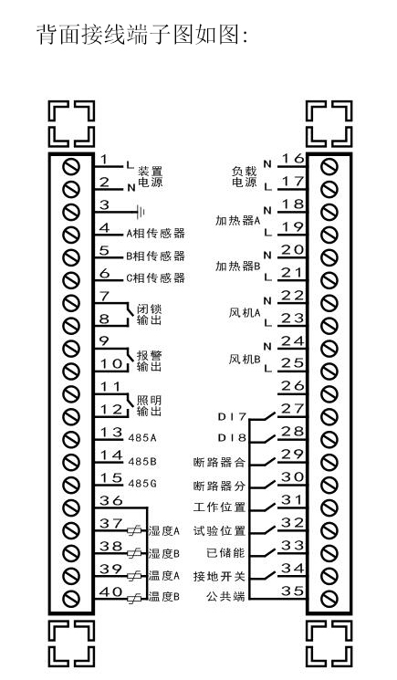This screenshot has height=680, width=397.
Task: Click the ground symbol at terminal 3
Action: (141, 212)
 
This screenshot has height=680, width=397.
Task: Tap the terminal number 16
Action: (293, 158)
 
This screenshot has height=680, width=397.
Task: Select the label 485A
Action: (142, 438)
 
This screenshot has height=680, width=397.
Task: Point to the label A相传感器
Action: (155, 234)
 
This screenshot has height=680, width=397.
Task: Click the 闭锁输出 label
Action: (149, 315)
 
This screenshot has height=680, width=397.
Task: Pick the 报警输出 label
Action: (149, 361)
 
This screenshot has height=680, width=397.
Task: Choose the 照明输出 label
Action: (149, 405)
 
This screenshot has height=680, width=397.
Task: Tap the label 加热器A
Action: (237, 221)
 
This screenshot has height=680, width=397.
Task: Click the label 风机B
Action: (244, 359)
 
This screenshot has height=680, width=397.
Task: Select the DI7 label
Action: (232, 417)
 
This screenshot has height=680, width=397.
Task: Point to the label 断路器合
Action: (219, 462)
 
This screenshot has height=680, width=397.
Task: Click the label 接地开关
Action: (219, 576)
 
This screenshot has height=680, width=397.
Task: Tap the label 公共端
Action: (225, 597)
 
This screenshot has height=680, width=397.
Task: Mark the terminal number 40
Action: (111, 591)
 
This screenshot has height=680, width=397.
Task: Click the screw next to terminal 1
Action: (71, 166)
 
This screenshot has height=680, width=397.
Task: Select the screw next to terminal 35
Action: (329, 599)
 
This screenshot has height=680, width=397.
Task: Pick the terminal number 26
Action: (293, 385)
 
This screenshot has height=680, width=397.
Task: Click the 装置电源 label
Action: (151, 177)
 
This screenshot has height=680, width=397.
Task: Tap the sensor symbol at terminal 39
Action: (134, 576)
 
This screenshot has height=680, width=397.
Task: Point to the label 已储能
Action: (225, 553)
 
